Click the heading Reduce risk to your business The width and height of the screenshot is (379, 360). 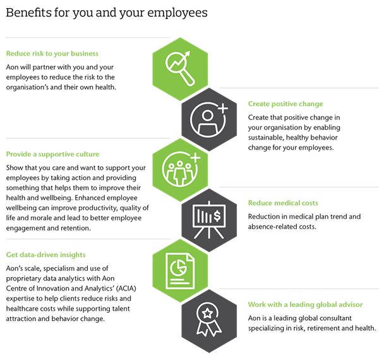[52, 54]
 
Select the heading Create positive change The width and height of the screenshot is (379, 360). [286, 104]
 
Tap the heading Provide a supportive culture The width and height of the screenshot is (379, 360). [52, 154]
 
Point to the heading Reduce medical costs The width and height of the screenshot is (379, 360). [283, 203]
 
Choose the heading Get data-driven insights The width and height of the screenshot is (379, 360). [45, 255]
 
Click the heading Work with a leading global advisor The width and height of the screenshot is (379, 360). [305, 304]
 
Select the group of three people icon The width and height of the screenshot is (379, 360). [180, 167]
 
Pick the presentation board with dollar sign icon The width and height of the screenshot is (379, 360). [209, 219]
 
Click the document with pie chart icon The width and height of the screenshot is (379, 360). [180, 270]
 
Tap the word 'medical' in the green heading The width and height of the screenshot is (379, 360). [285, 203]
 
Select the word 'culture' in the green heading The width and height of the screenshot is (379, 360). [87, 154]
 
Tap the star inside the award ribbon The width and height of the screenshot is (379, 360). [207, 313]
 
